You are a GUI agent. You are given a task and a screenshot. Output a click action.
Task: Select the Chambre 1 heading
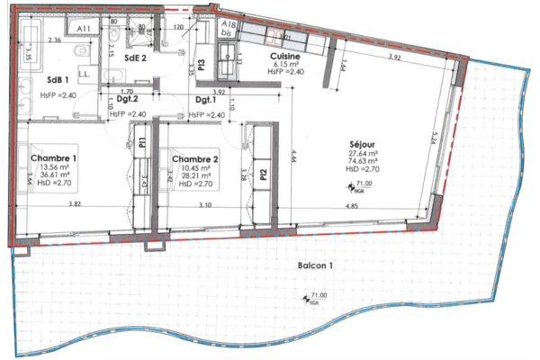coord(56,158)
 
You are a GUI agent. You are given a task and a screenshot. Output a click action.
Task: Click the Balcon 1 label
coord(313,265)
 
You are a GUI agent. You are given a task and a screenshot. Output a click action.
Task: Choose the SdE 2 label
coord(135,58)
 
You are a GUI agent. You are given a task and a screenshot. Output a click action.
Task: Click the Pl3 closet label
coord(202,65)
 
